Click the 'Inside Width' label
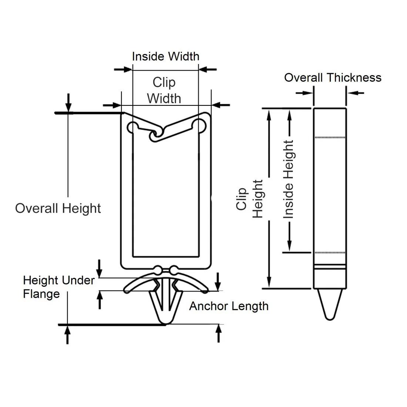point(165,57)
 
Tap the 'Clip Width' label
point(164,90)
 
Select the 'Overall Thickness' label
point(333,78)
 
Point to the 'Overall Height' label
point(58,208)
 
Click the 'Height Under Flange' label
point(58,287)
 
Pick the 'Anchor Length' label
point(229,306)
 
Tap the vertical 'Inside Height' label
point(288,179)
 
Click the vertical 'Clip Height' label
point(249,199)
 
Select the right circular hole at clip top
point(200,125)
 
